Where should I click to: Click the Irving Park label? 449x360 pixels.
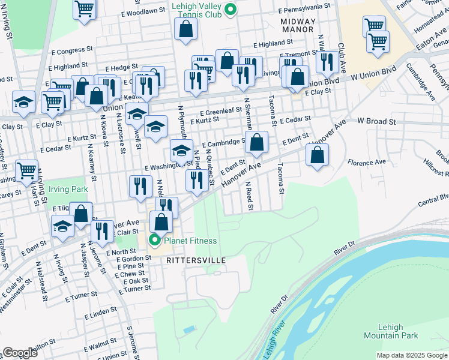[68, 189]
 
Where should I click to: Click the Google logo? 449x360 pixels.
[20, 353]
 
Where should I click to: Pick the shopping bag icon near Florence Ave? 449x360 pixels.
[317, 155]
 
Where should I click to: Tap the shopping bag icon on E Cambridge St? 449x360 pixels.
[257, 143]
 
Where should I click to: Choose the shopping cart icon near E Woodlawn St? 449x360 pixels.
[85, 9]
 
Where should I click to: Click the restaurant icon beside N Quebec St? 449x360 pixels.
[197, 179]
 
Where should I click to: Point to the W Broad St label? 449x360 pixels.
[377, 122]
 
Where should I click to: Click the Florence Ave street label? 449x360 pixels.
[367, 163]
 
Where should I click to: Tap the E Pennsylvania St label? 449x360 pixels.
[305, 8]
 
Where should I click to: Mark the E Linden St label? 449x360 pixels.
[100, 313]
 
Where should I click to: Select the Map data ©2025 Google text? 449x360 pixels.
[412, 355]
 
